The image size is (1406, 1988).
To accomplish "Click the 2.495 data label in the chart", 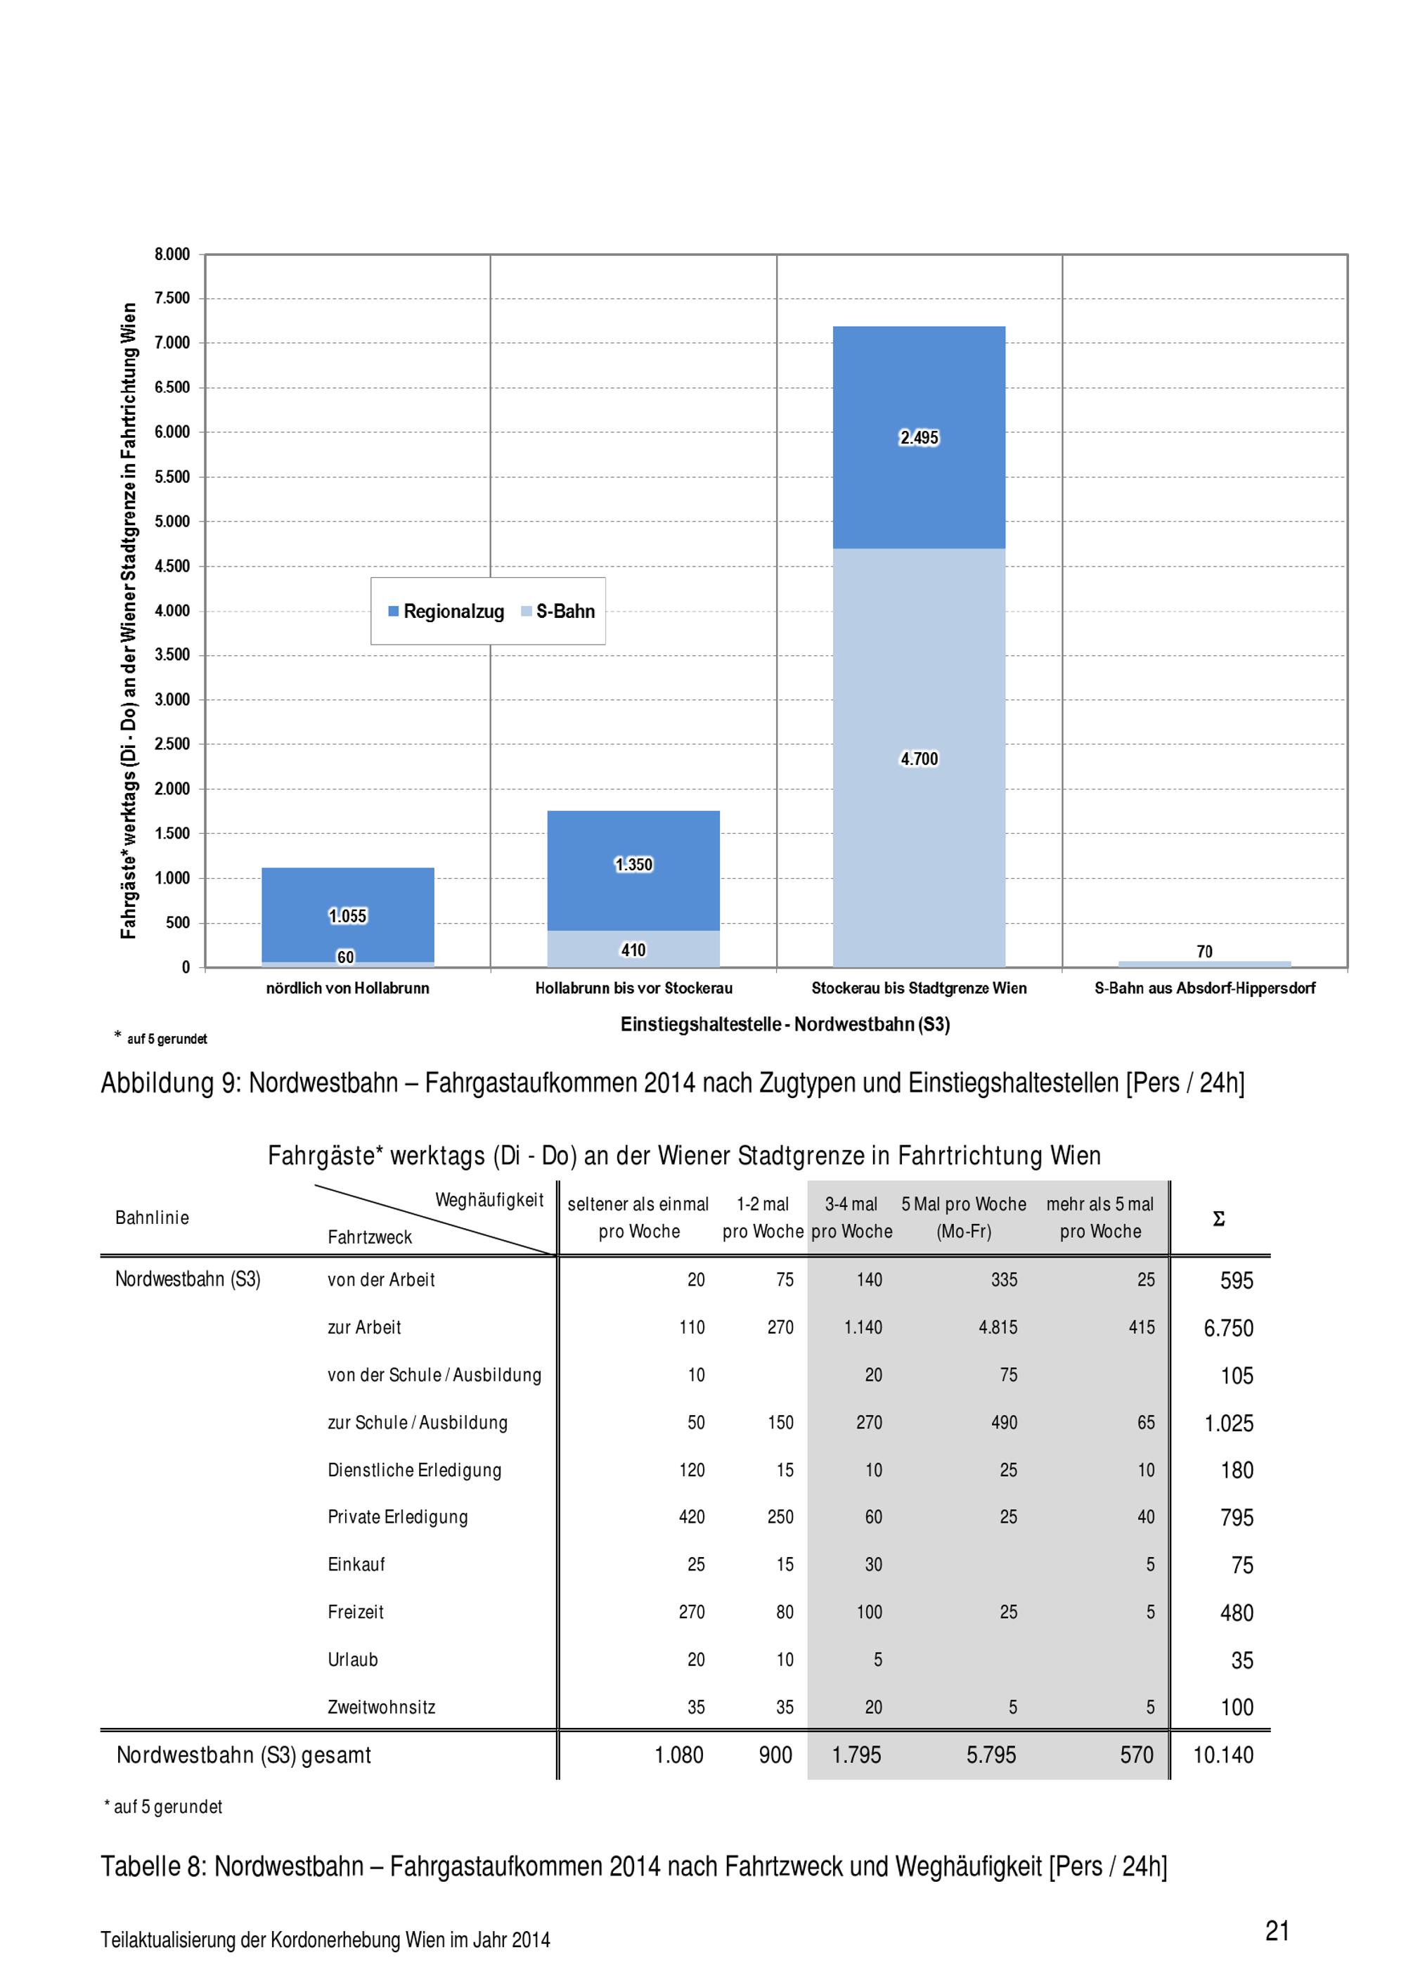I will point(919,437).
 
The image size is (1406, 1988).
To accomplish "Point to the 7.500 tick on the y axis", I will point(172,298).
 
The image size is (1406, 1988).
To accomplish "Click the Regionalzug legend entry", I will point(446,612).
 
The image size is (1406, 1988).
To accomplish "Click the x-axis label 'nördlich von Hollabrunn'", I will point(347,988).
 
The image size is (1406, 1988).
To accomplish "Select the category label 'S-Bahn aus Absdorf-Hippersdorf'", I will point(1204,988).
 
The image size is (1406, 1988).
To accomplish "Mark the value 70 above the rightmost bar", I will point(1204,952).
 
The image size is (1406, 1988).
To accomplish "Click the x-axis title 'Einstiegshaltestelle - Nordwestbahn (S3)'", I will point(785,1024).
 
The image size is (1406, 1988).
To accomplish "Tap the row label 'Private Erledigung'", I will point(397,1516).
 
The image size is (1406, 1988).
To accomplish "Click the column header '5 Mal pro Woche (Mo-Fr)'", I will point(964,1218).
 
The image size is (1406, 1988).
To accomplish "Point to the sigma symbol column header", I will point(1218,1219).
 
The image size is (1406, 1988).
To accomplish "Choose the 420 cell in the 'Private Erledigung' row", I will point(691,1516).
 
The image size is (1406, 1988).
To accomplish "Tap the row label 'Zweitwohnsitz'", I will point(381,1707).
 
